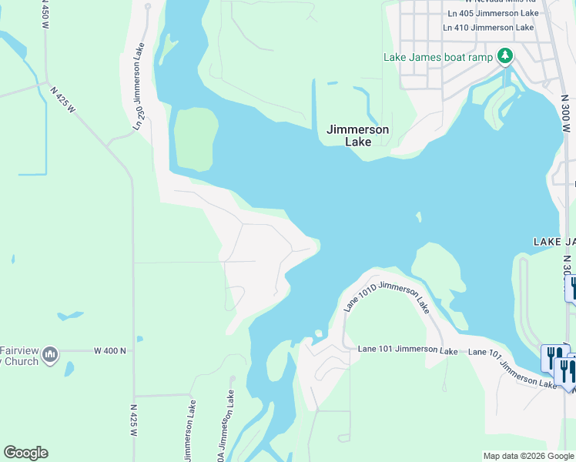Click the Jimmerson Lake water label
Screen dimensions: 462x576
pos(357,136)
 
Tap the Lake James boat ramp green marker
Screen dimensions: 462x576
pos(505,56)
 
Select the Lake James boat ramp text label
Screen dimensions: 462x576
pos(438,57)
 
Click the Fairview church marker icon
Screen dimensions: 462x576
pos(51,354)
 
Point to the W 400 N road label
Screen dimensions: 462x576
pos(109,350)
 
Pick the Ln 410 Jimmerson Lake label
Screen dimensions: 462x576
pos(488,28)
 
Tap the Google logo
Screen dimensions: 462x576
pos(25,453)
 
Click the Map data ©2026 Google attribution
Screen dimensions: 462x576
pos(528,456)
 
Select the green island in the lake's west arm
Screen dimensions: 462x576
pos(194,139)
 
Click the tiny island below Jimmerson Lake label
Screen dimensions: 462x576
pos(419,217)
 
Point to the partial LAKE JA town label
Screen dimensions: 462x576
pos(554,242)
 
